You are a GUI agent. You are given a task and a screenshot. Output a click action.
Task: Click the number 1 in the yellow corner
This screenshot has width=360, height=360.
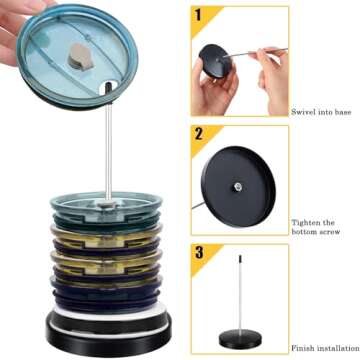click(x=198, y=15)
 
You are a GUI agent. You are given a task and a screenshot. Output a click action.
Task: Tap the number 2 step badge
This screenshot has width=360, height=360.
click(x=199, y=134)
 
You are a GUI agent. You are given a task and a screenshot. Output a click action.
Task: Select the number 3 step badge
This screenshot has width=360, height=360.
click(x=199, y=252)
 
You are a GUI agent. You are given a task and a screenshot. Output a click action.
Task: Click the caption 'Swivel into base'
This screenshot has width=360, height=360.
click(x=321, y=112)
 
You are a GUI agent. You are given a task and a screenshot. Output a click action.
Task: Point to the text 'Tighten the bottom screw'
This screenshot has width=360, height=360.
click(x=316, y=227)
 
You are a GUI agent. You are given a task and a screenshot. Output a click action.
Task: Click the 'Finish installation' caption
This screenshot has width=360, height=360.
click(x=325, y=349)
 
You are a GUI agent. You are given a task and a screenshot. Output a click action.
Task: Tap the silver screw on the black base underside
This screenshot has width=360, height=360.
click(x=238, y=186)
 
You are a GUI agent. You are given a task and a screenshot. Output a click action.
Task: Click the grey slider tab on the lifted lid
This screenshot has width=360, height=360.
click(x=80, y=57)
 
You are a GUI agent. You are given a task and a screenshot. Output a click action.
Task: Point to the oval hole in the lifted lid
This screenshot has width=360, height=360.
click(x=109, y=87)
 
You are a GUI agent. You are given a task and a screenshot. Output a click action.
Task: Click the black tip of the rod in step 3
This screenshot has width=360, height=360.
click(x=240, y=259)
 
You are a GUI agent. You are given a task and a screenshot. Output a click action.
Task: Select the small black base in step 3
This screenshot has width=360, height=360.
click(x=240, y=339)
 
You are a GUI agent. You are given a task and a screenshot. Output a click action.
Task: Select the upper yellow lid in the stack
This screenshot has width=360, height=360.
click(x=106, y=233)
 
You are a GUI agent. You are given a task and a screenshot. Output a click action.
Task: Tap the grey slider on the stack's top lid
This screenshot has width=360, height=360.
click(x=107, y=203)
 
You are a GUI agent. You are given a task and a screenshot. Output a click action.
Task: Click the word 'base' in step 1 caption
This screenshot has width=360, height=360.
click(x=342, y=112)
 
